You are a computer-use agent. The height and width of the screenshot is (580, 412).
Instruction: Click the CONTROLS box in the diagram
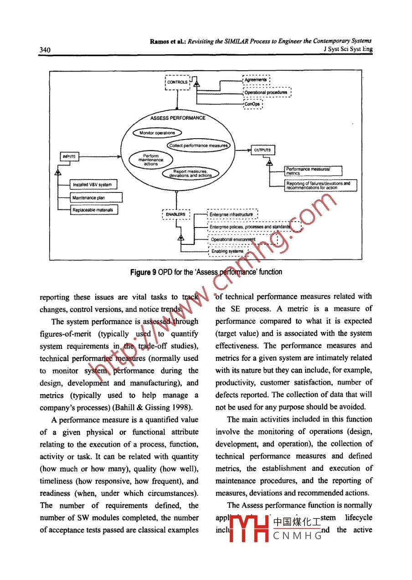(177, 82)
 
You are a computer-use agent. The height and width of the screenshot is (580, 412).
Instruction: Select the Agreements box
(256, 80)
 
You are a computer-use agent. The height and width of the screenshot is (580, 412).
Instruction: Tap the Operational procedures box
(266, 93)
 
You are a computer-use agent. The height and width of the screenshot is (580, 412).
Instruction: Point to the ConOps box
(252, 104)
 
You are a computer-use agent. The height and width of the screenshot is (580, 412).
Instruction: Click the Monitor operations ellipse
(157, 133)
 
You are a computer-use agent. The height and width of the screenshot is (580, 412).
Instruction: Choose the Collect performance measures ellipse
(199, 145)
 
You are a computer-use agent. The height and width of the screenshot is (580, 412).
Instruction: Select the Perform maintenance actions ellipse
(150, 160)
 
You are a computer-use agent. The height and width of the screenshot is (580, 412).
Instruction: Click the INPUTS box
(70, 156)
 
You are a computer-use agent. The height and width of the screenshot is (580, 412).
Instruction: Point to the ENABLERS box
(175, 214)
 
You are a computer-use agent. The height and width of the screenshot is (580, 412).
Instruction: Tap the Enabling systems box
(227, 251)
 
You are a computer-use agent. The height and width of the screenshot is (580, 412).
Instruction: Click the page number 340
(45, 50)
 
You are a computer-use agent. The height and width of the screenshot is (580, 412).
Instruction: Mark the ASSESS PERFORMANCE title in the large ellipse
(178, 118)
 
